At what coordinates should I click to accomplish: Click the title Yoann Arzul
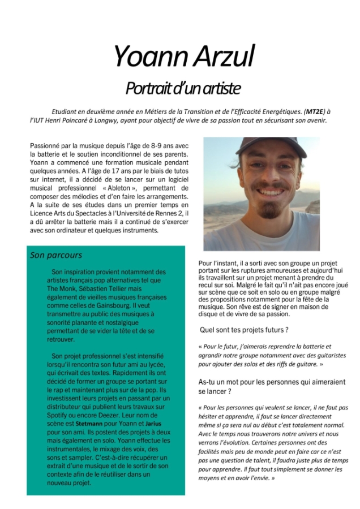(x=184, y=56)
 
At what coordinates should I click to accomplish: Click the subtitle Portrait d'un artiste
(x=183, y=88)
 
